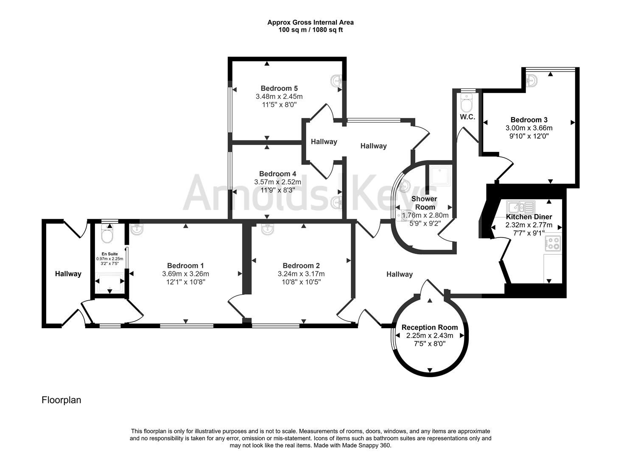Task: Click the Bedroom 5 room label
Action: point(279,89)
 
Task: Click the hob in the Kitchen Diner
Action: point(553,243)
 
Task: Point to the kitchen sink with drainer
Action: point(520,207)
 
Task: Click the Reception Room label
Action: point(430,327)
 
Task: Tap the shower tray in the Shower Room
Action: point(440,176)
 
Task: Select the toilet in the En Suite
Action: point(107,234)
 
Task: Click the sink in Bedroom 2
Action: point(268,229)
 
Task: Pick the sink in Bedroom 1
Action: point(137,229)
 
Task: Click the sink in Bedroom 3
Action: point(531,81)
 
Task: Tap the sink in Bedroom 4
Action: point(336,203)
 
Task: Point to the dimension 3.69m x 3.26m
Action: point(185,274)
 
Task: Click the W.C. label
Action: point(467,117)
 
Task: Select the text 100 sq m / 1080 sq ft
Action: point(310,30)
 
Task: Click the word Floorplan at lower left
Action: point(61,400)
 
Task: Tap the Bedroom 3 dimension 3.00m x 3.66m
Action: point(529,128)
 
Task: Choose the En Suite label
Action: point(110,254)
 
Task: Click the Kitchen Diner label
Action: point(529,217)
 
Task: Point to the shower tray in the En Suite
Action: point(110,283)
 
